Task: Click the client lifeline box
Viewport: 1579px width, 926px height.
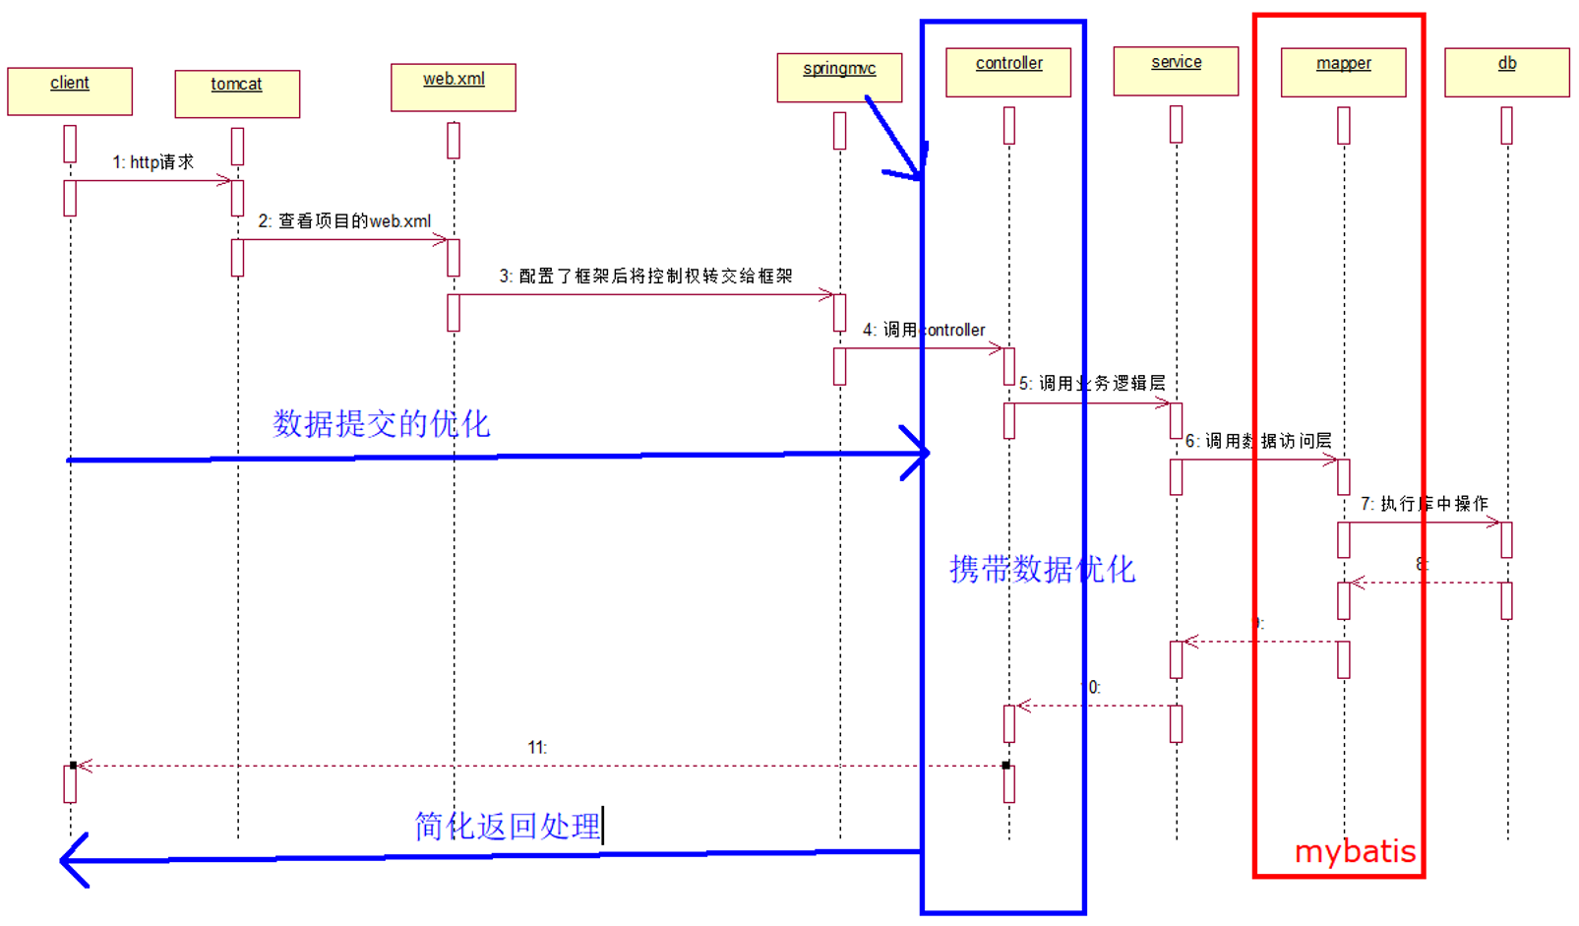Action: tap(70, 92)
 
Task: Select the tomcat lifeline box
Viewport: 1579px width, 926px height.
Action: tap(237, 93)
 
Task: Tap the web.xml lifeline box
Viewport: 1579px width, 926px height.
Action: tap(454, 88)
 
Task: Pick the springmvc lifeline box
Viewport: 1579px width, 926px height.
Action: tap(839, 78)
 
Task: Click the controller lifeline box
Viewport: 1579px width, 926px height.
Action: tap(1008, 72)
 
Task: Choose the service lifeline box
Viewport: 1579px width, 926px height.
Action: tap(1176, 71)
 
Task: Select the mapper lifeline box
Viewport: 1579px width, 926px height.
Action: tap(1343, 72)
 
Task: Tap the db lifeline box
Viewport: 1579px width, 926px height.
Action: tap(1506, 72)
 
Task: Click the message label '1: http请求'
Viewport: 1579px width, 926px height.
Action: tap(152, 162)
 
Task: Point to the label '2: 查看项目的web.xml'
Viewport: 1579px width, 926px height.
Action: tap(344, 221)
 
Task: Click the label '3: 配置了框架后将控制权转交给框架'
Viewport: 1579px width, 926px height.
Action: tap(645, 277)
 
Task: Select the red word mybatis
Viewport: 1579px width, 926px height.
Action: tap(1355, 851)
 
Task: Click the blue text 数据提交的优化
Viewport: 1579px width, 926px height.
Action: tap(381, 424)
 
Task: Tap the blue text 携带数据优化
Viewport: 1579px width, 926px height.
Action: tap(1042, 569)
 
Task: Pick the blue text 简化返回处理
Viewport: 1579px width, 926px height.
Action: tap(508, 826)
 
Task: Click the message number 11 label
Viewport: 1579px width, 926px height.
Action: tap(537, 748)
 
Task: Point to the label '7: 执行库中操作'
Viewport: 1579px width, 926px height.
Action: tap(1424, 504)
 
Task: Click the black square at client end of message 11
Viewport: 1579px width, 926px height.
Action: tap(74, 765)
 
